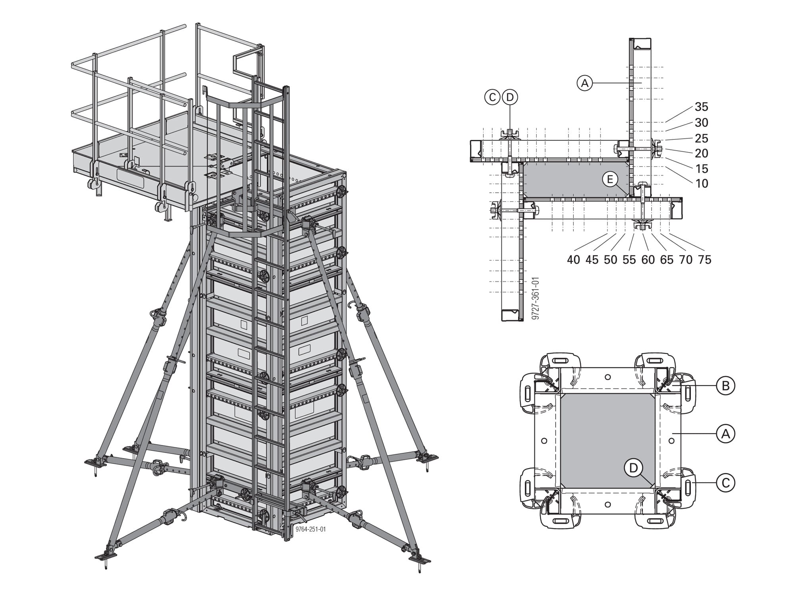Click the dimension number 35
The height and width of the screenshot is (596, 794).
click(x=701, y=107)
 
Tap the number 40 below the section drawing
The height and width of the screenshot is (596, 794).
click(x=574, y=259)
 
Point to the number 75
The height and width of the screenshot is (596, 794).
click(x=704, y=259)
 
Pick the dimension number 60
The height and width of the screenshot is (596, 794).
click(x=648, y=259)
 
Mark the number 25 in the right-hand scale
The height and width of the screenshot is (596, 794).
click(x=701, y=138)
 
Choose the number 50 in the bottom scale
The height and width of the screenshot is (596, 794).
click(x=611, y=259)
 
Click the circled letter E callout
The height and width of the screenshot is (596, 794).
click(x=610, y=180)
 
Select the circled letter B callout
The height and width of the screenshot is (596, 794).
click(x=725, y=385)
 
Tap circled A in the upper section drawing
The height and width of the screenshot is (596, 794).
click(x=584, y=83)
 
